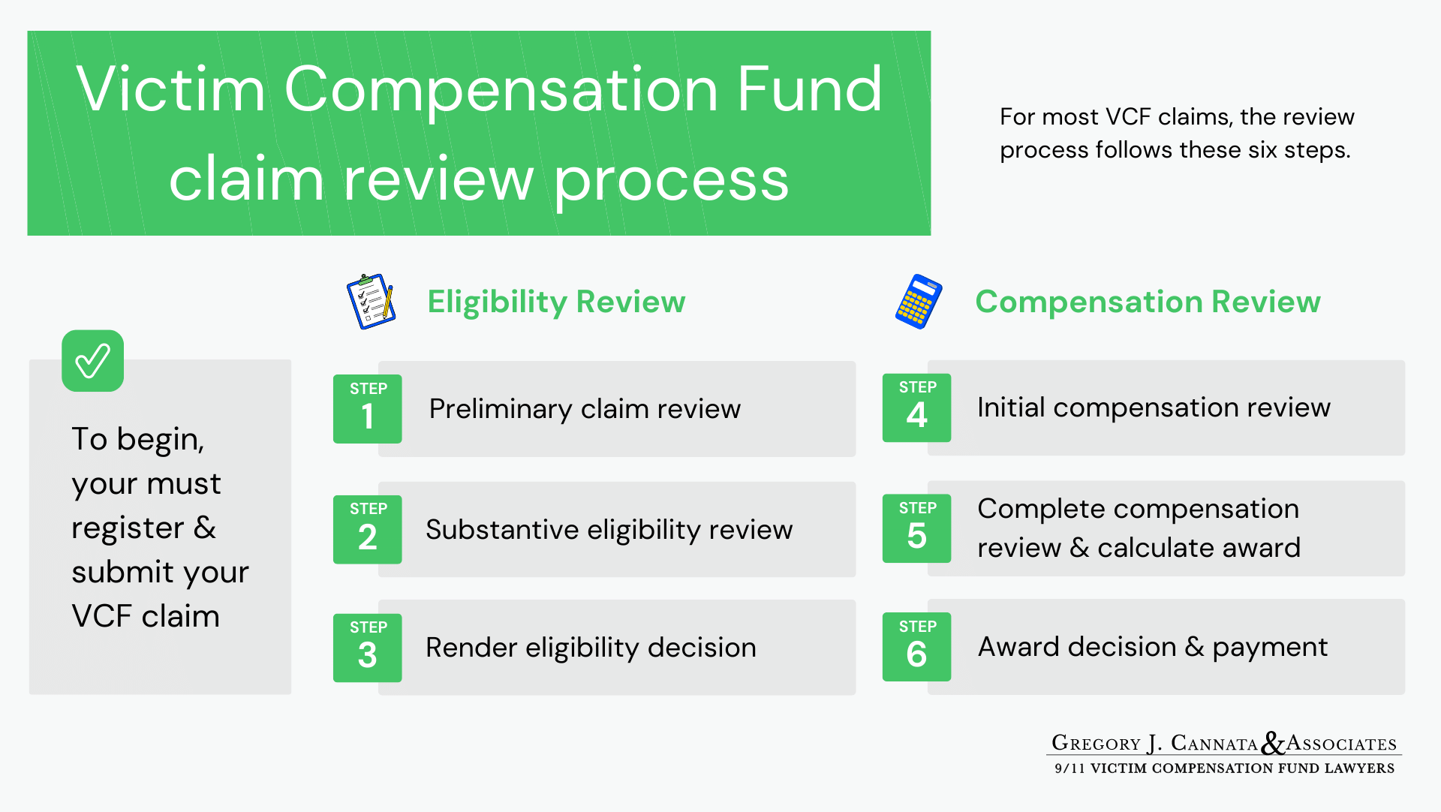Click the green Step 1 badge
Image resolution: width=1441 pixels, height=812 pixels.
click(x=367, y=408)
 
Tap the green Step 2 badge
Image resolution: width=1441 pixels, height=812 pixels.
click(x=367, y=529)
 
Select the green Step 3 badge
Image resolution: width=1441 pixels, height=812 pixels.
click(x=367, y=648)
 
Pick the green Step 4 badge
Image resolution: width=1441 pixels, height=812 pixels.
click(x=916, y=408)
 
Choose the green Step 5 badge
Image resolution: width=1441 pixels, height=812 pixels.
click(x=916, y=528)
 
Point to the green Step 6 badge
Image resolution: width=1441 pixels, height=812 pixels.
click(x=916, y=647)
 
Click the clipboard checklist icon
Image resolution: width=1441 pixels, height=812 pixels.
click(x=371, y=301)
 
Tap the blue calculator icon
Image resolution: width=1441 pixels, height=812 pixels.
click(x=919, y=302)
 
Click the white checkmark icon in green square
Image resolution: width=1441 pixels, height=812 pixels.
click(x=92, y=361)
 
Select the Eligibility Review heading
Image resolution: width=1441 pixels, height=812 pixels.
click(x=556, y=302)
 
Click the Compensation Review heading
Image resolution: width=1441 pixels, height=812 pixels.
click(x=1148, y=302)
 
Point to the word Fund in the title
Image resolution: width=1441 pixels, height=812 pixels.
click(x=809, y=90)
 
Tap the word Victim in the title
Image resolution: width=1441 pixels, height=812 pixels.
click(x=170, y=90)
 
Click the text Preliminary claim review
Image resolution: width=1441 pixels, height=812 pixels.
click(x=585, y=409)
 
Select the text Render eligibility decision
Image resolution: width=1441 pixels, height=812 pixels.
click(x=591, y=648)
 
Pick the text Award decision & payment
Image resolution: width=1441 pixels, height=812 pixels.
click(x=1153, y=647)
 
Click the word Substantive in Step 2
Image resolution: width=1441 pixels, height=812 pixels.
click(x=502, y=530)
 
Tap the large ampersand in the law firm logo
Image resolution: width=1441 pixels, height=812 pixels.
click(x=1272, y=743)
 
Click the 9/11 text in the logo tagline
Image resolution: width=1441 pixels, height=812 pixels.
click(x=1069, y=768)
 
